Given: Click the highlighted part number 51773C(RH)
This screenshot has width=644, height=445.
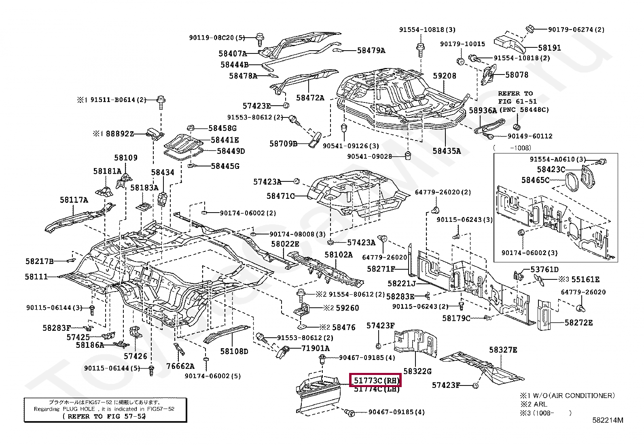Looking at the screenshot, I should click(376, 381).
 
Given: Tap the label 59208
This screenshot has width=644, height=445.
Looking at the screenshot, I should click(444, 76).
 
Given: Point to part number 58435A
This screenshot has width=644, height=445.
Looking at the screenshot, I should click(447, 151).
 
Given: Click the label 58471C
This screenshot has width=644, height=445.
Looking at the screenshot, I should click(280, 196).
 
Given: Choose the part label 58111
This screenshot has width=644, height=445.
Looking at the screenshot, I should click(36, 277).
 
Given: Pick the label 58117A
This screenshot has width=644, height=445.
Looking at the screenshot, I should click(74, 200).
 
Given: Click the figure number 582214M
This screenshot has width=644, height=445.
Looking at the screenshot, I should click(608, 420).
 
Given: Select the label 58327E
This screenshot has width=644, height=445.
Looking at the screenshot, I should click(503, 350).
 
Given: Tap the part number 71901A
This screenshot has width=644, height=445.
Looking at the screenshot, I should click(315, 348).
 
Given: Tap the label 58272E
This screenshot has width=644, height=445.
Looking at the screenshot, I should click(578, 323).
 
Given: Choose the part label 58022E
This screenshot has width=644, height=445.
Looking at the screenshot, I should click(285, 244).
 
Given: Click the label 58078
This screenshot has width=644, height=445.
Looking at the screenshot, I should click(517, 75).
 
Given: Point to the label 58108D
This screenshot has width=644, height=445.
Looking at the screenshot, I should click(234, 351).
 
